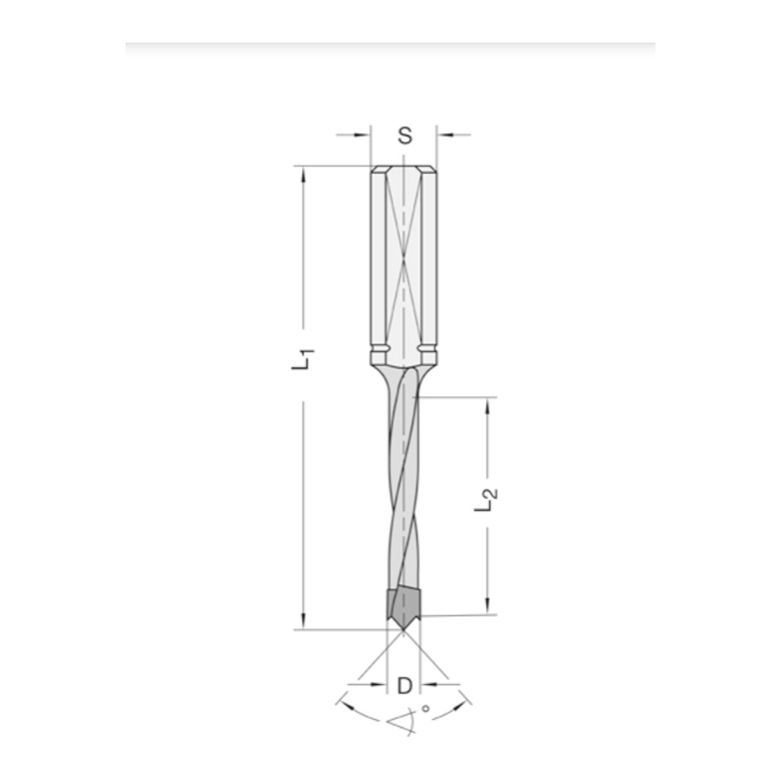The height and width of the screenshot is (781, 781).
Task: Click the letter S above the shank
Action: point(404,135)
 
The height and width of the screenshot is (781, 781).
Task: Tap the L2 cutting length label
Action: point(487,500)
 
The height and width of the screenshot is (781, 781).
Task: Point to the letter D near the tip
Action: point(404,686)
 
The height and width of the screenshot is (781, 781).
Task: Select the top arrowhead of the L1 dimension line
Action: point(303,173)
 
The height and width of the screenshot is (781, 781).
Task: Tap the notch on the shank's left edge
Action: point(376,348)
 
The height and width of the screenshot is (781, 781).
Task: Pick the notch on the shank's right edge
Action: point(430,348)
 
